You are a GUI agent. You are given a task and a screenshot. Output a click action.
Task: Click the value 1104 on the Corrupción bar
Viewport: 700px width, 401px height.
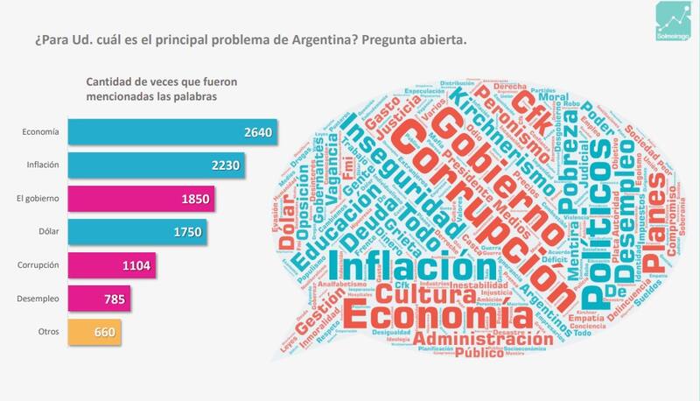tap(136, 265)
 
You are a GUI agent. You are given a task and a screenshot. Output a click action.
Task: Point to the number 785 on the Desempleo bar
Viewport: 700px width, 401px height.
tap(115, 299)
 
